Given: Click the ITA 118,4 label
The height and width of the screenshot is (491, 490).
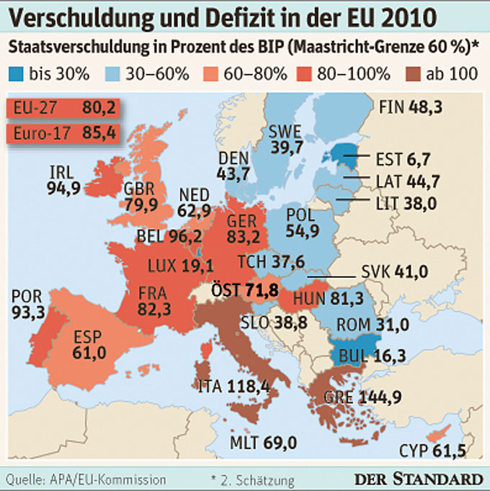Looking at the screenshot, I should [x=234, y=387].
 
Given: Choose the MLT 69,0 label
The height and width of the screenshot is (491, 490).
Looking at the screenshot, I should [x=264, y=441].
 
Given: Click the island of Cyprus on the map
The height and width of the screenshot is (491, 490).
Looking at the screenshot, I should [x=435, y=436].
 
